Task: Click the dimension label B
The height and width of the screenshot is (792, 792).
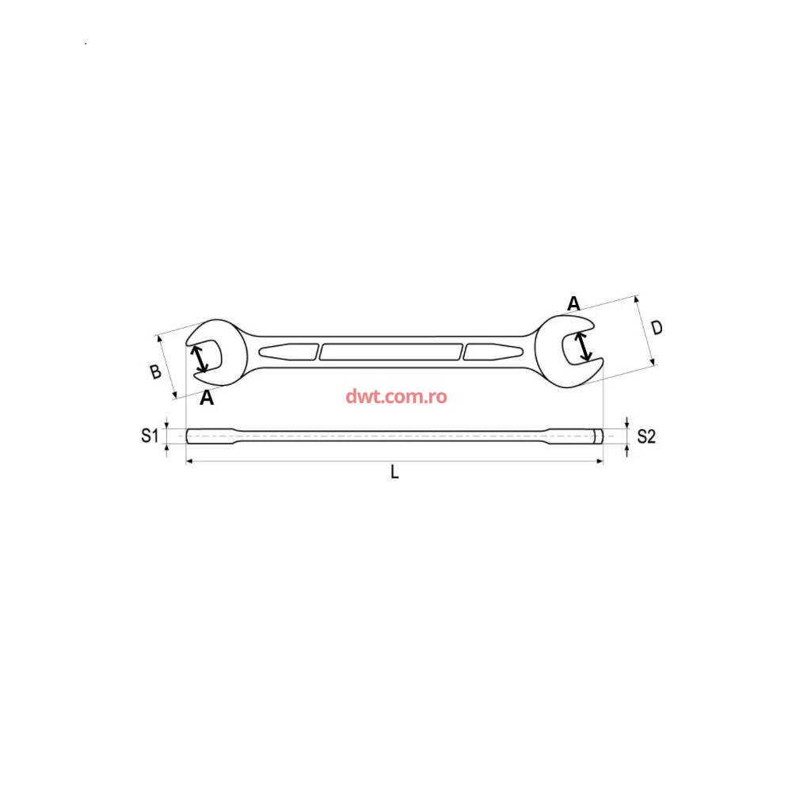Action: click(x=155, y=371)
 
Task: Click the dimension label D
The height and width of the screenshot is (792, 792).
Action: click(x=656, y=329)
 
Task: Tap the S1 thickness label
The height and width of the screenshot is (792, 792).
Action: click(x=150, y=436)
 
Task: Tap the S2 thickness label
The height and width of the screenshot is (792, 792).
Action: click(x=646, y=436)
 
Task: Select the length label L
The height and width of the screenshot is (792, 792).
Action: click(x=395, y=472)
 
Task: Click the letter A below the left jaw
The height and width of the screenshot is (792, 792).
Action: click(x=207, y=398)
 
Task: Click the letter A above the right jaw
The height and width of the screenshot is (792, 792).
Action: click(x=573, y=303)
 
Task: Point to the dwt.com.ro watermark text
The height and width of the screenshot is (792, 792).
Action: click(x=396, y=397)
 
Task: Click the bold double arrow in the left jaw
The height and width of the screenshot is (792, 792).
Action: click(x=199, y=358)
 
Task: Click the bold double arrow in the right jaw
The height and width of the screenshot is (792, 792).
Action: click(x=584, y=347)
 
